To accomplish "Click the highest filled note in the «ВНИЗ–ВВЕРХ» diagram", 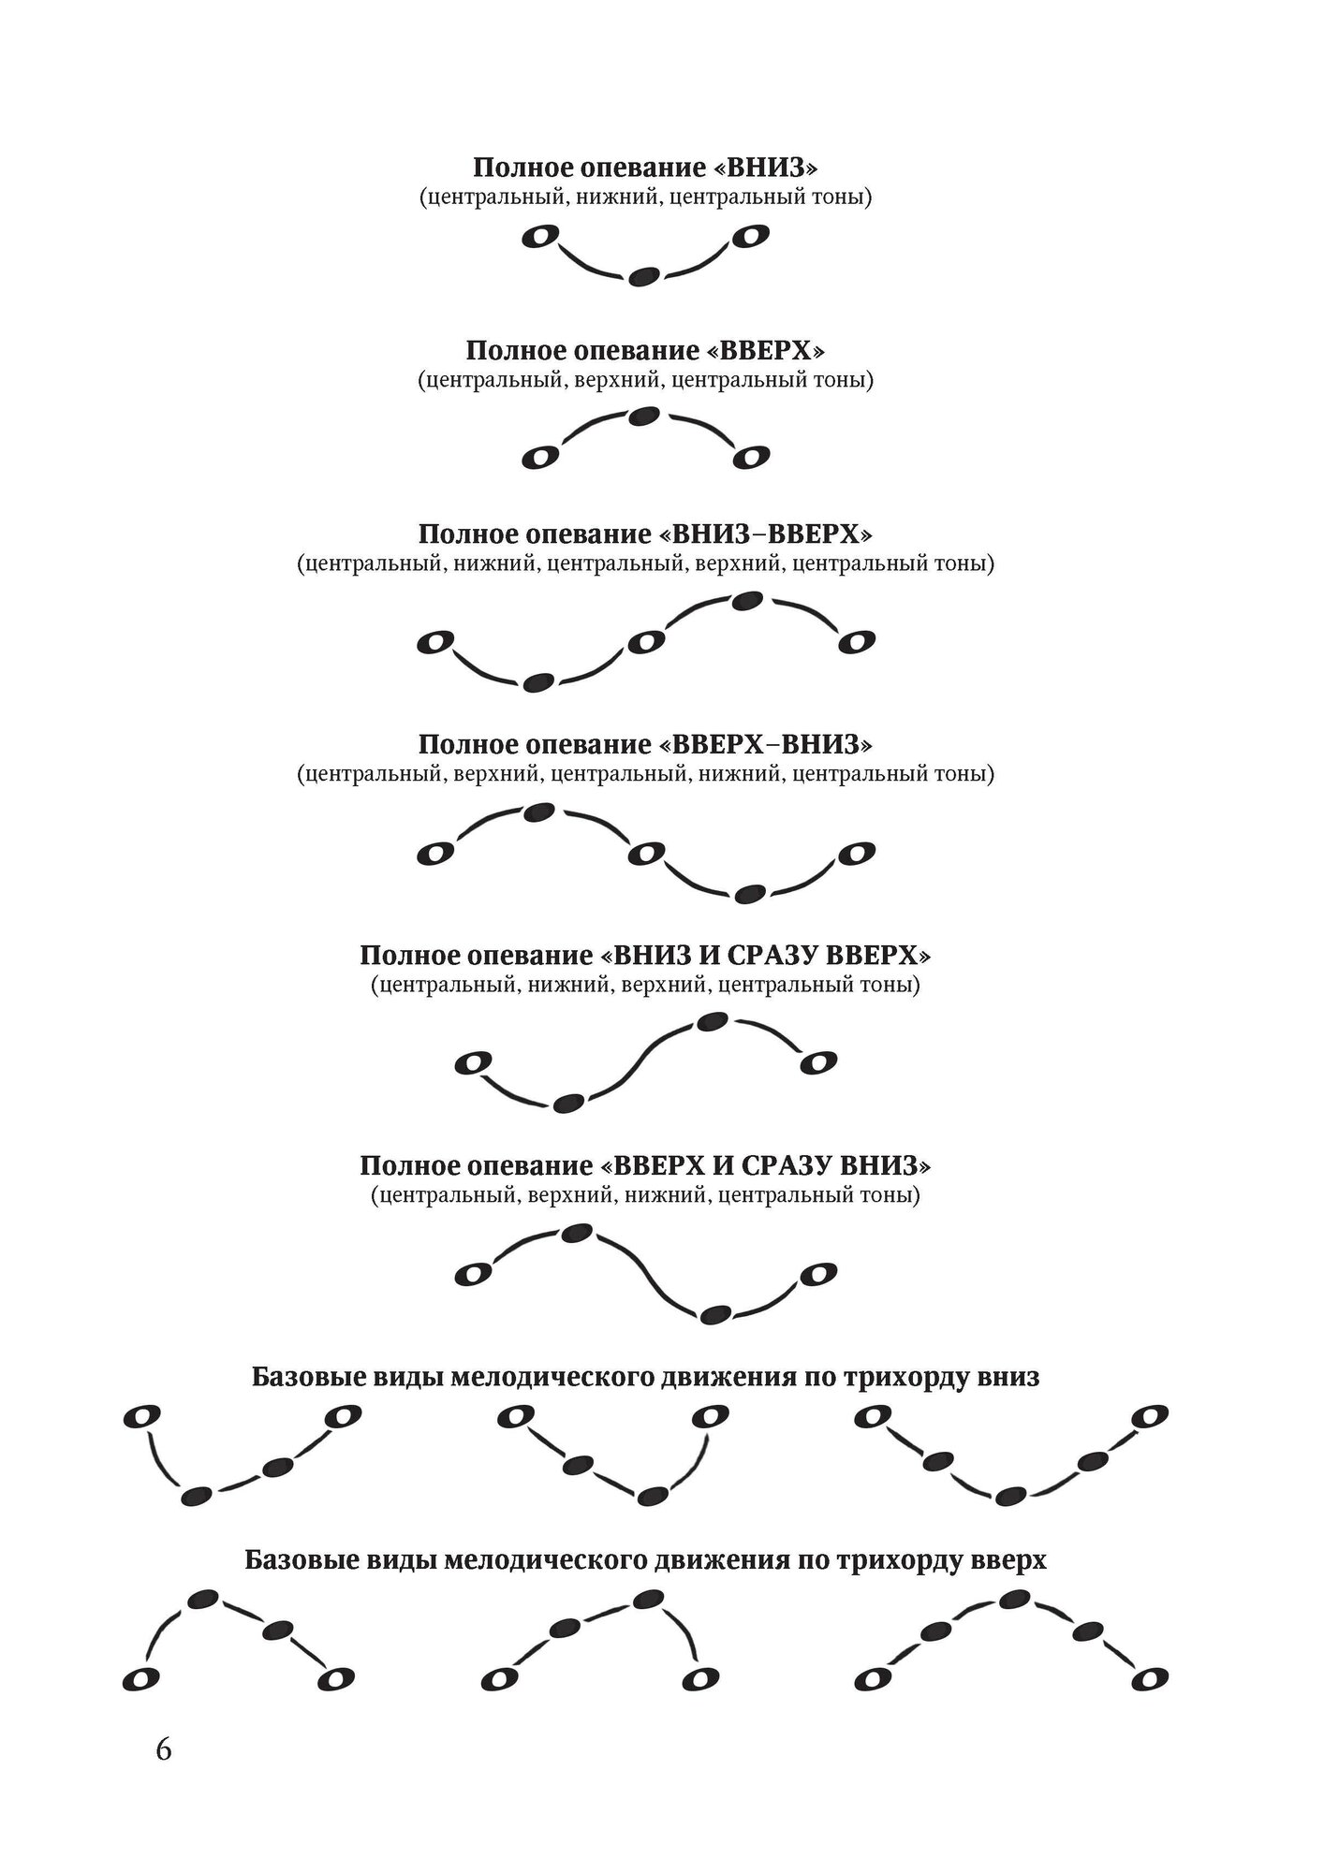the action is pos(746,601).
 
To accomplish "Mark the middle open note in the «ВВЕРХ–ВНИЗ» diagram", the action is pos(646,853).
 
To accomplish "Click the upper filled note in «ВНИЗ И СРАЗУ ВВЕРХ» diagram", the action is pos(713,1021).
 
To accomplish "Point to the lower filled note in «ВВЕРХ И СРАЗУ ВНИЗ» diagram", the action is pos(716,1314).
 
